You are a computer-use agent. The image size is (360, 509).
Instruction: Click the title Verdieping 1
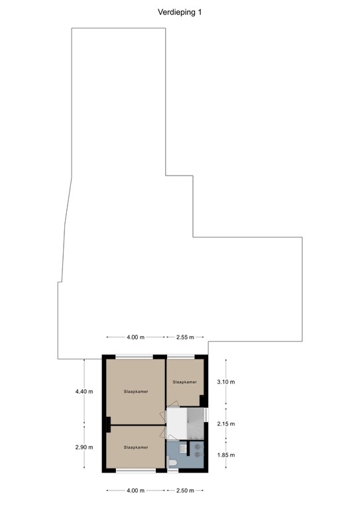(x=180, y=11)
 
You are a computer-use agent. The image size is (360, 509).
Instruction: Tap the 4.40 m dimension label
(x=84, y=391)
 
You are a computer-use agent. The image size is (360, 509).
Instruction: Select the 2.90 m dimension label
(x=84, y=448)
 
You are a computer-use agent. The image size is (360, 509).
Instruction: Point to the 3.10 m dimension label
(x=227, y=382)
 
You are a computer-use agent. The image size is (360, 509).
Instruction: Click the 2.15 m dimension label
(x=227, y=424)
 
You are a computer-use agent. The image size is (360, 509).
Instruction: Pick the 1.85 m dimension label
(x=227, y=455)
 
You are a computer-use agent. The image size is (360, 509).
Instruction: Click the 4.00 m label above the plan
(x=135, y=337)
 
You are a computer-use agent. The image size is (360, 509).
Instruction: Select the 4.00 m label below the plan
(x=135, y=490)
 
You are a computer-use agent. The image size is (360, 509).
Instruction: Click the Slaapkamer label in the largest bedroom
(x=135, y=392)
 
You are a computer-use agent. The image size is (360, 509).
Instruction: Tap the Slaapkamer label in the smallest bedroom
(x=185, y=382)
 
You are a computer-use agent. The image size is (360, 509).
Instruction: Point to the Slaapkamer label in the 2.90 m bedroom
(x=135, y=447)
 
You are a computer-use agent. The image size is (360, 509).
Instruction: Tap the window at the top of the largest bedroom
(x=135, y=357)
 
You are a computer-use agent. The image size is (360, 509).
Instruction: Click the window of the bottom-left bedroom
(x=135, y=471)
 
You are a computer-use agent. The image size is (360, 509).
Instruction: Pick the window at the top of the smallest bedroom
(x=185, y=357)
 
